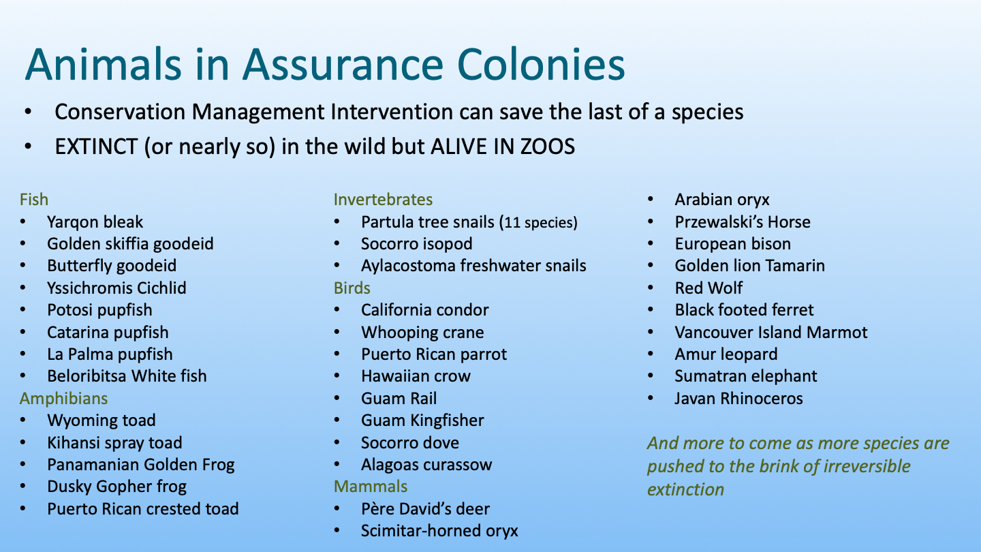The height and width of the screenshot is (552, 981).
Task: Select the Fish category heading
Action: click(34, 199)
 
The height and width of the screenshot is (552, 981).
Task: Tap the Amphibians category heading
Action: click(63, 399)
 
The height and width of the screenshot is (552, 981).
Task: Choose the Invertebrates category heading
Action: click(383, 199)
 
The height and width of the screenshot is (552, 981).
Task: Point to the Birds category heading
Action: click(352, 288)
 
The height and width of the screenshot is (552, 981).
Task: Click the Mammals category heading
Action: click(371, 487)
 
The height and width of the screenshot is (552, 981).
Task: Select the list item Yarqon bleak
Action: click(95, 222)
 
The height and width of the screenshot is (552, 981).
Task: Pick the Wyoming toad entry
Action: click(101, 420)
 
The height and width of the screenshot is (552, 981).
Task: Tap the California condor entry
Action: click(425, 309)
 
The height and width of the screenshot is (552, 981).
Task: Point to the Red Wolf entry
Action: click(708, 288)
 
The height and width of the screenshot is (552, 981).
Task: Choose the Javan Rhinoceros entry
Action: click(738, 398)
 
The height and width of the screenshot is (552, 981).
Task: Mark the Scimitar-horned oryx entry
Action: click(439, 530)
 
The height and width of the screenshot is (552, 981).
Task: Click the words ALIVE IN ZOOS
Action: click(503, 147)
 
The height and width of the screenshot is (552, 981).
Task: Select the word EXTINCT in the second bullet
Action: click(96, 147)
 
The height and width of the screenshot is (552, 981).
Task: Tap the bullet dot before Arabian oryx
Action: click(651, 199)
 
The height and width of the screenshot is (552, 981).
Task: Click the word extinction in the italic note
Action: click(686, 489)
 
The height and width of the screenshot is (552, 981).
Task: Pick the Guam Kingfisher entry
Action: click(422, 420)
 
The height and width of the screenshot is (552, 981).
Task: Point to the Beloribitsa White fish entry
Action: click(127, 376)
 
